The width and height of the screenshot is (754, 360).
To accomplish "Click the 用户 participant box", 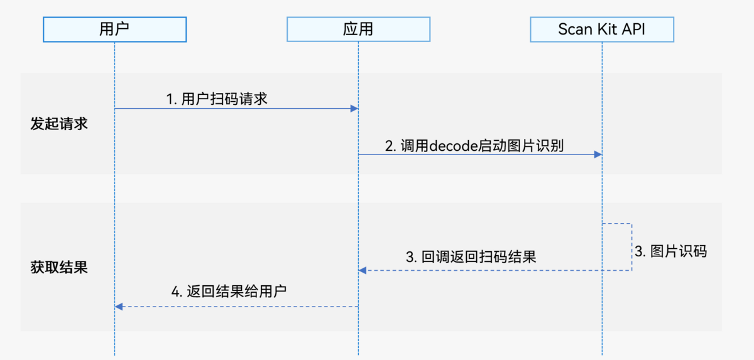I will click(115, 29).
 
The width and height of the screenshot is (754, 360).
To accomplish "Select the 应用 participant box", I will click(358, 29).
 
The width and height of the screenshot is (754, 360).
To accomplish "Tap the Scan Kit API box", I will click(601, 29).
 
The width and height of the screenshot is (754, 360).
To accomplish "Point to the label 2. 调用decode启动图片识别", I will click(474, 146).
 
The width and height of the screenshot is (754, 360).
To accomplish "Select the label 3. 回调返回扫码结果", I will click(471, 257).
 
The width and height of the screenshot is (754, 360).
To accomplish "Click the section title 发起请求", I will click(59, 124).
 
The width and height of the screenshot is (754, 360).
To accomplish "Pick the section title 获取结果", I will click(59, 268).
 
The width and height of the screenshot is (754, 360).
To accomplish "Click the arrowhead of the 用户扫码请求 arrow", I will click(354, 109).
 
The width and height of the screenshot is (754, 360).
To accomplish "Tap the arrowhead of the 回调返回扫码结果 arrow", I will click(363, 270).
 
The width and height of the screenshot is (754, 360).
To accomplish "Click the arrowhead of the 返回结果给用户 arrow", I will click(119, 307).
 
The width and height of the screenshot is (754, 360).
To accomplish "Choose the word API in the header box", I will click(633, 30).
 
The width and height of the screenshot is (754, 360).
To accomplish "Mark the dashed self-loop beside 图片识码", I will click(631, 247).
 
